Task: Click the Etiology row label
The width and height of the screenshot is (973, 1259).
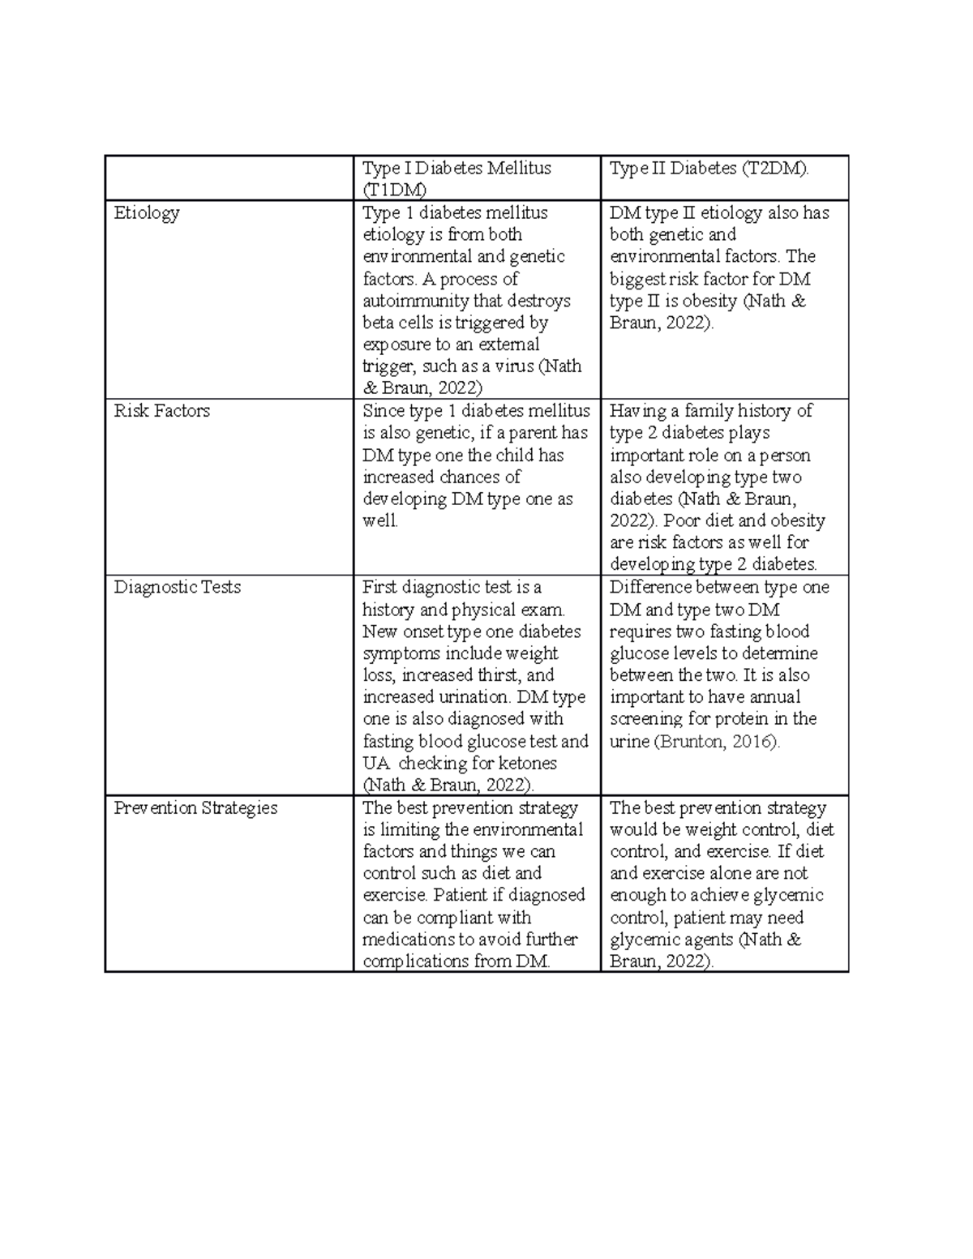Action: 147,213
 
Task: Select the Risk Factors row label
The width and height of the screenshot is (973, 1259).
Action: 162,411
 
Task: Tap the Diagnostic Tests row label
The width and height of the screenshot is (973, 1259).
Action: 178,587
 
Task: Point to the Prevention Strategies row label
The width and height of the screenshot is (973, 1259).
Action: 195,808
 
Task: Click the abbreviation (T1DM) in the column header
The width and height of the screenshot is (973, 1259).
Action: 394,190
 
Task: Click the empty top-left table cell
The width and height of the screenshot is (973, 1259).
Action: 229,178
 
